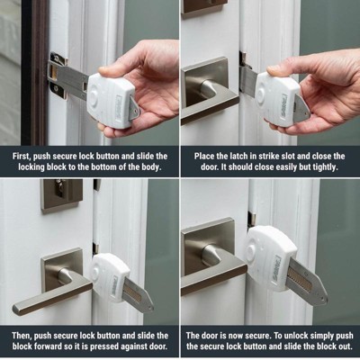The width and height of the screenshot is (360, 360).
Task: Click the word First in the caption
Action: [22, 157]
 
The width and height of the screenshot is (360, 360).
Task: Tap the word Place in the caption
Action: [203, 157]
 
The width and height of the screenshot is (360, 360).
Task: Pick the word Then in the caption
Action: [22, 335]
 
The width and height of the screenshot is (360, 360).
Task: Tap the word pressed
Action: [105, 346]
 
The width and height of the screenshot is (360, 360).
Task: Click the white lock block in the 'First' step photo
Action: [112, 100]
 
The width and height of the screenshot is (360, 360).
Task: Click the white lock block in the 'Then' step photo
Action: [111, 277]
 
